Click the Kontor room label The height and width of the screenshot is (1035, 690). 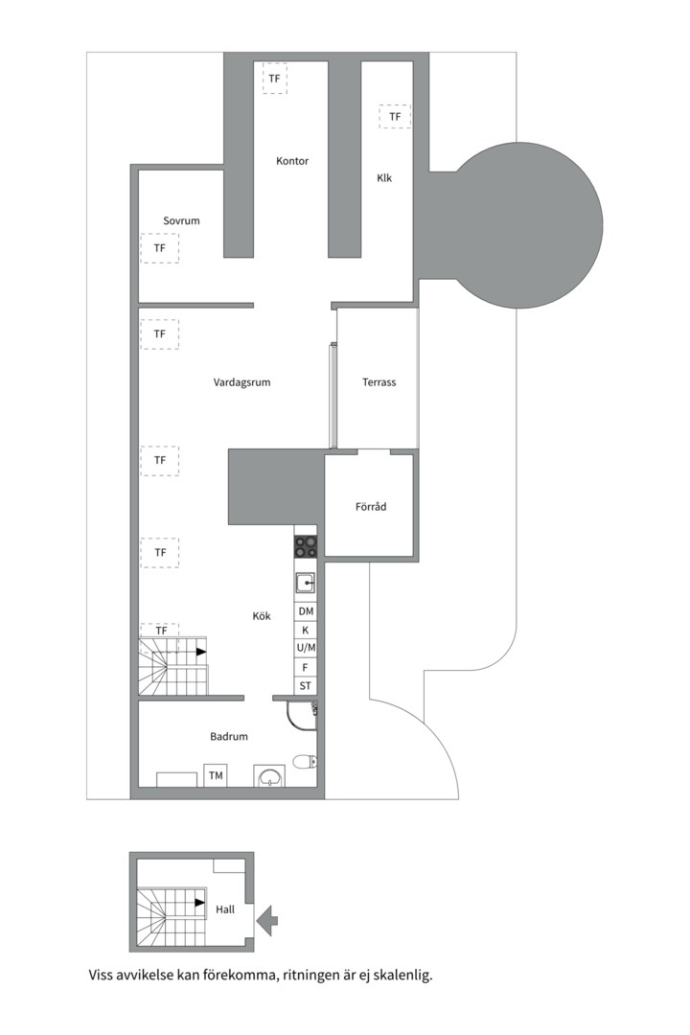292,161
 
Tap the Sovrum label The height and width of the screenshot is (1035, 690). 181,220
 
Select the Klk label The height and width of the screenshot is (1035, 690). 384,177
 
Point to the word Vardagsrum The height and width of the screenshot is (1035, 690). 241,382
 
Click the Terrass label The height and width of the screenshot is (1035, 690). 379,382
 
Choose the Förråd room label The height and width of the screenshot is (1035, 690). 370,506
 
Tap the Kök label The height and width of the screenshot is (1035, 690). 260,616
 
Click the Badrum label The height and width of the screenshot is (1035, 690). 229,736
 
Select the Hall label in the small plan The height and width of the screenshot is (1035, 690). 225,909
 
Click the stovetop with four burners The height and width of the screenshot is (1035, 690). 306,546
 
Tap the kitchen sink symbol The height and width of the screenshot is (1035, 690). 306,582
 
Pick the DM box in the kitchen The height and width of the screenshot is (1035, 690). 306,611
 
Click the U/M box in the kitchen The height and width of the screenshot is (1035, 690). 306,649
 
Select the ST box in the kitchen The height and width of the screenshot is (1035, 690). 306,686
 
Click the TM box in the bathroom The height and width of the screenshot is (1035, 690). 216,775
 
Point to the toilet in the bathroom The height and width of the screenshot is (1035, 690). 304,763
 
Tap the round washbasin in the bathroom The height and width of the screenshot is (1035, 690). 269,776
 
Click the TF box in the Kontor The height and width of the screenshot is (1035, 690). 275,78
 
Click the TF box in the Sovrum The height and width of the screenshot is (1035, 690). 160,248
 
